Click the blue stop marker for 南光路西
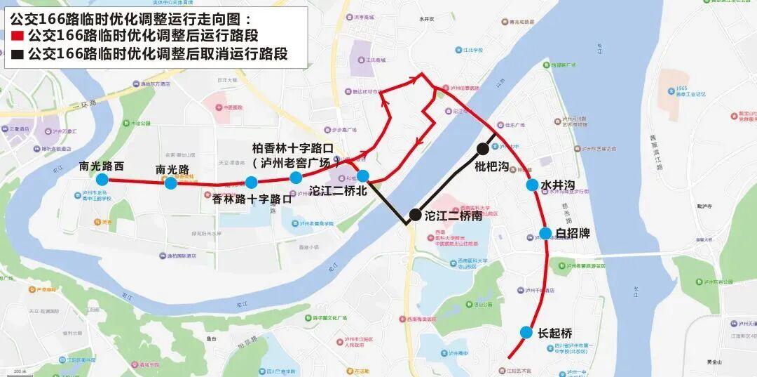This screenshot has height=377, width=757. tap(102, 180)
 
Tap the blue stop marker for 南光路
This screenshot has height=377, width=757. tap(170, 183)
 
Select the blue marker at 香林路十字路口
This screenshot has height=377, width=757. tap(251, 183)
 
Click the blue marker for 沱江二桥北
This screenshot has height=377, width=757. tap(362, 176)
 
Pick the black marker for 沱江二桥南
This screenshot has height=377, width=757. tap(415, 215)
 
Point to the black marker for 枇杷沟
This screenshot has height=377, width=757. tap(483, 149)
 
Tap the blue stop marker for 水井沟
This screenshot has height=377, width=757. tap(532, 185)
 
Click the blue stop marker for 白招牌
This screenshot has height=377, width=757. tap(545, 233)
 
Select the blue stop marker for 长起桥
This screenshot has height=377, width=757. tap(526, 332)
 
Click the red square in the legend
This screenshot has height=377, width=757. tap(18, 36)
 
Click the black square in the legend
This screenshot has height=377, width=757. tap(18, 55)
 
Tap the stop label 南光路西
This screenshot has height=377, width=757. tap(102, 166)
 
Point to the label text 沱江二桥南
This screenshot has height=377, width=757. tap(453, 216)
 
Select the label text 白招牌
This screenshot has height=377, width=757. tap(573, 233)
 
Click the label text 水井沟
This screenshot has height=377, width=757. tap(558, 185)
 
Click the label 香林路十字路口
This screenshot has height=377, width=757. tap(251, 199)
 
